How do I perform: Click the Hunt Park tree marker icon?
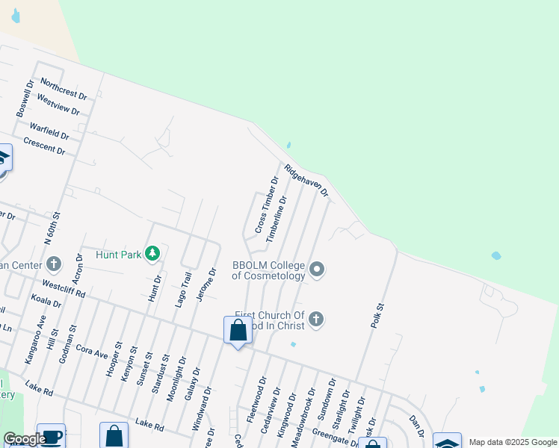coord(152,255)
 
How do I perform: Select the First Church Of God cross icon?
coord(316,320)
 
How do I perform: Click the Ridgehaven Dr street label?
coord(306,181)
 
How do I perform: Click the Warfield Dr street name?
coord(49,132)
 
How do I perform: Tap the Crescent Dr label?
coord(43,146)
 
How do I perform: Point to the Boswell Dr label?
coord(25,99)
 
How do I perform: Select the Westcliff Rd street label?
coord(64,288)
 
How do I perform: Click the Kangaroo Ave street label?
coord(34,338)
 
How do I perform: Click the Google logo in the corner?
coord(24,439)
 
